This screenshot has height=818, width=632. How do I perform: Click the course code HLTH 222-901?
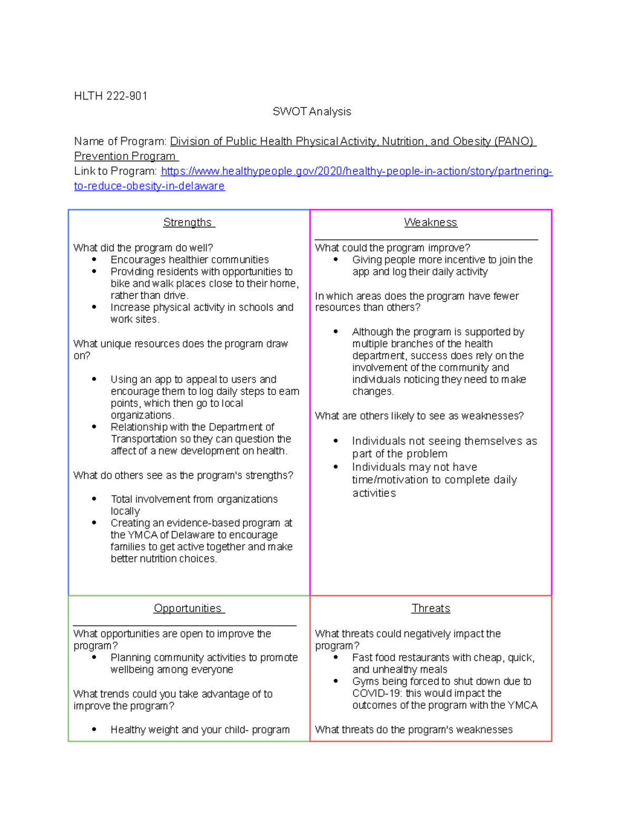pyautogui.click(x=111, y=96)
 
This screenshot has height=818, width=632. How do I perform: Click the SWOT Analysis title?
pyautogui.click(x=312, y=112)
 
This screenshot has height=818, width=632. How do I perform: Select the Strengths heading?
pyautogui.click(x=188, y=222)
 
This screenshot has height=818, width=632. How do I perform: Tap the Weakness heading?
pyautogui.click(x=430, y=222)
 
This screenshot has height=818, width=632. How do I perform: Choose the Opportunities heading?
pyautogui.click(x=188, y=608)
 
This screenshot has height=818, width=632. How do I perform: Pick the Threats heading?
pyautogui.click(x=430, y=608)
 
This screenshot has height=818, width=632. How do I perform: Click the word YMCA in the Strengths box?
pyautogui.click(x=142, y=535)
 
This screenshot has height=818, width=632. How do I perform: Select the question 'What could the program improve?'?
pyautogui.click(x=392, y=248)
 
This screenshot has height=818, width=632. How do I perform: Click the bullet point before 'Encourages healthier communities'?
pyautogui.click(x=94, y=260)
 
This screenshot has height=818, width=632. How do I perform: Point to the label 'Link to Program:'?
pyautogui.click(x=115, y=171)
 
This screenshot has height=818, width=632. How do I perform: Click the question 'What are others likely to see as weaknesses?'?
pyautogui.click(x=419, y=416)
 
